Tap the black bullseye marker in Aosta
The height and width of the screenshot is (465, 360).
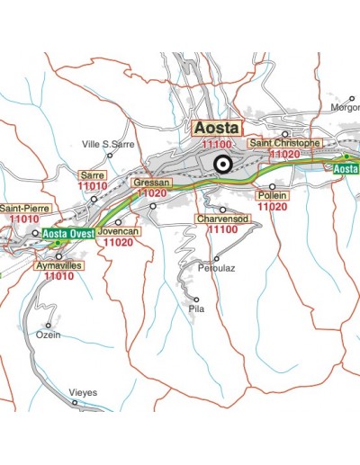click(221, 164)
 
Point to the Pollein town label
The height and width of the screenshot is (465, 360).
click(272, 194)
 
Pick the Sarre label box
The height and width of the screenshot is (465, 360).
click(93, 174)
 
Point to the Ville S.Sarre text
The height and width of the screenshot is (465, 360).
click(108, 144)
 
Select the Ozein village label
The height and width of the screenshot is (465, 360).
click(48, 335)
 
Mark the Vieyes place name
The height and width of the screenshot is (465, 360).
click(82, 392)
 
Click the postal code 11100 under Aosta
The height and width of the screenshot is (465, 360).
click(218, 144)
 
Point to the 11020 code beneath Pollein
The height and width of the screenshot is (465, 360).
click(272, 206)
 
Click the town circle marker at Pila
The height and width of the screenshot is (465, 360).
click(196, 299)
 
